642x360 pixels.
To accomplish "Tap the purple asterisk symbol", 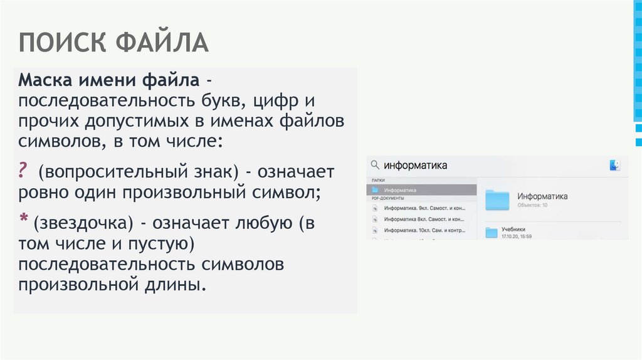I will [x=23, y=219].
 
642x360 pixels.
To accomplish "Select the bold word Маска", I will [x=46, y=81].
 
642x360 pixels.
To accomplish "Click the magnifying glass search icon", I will [x=375, y=166].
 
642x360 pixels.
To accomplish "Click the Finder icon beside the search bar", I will [x=614, y=165].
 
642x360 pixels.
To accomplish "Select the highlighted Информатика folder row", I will [x=421, y=189].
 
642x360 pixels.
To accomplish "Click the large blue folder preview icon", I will [x=499, y=199].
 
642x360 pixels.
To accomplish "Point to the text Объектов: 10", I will [x=532, y=205].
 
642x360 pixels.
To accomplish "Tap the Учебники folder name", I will [x=513, y=229].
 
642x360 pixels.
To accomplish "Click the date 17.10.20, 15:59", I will [x=517, y=236].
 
